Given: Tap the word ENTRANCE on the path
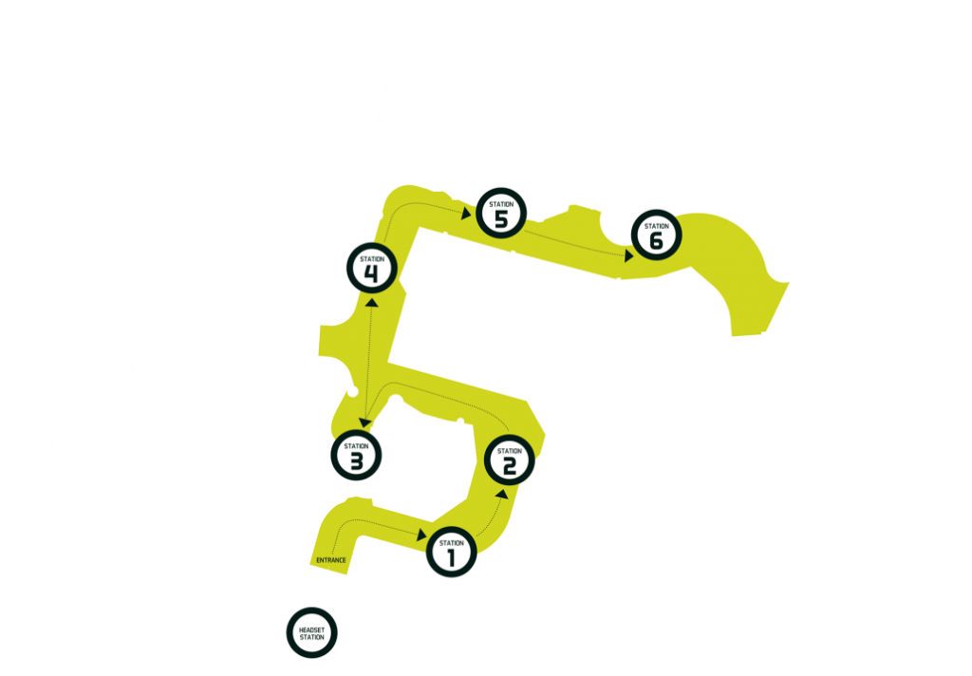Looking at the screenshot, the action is pyautogui.click(x=331, y=560).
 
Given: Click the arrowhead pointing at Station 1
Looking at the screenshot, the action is pyautogui.click(x=422, y=535).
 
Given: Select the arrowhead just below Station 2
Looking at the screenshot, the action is pyautogui.click(x=502, y=495).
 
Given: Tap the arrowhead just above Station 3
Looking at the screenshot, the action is pyautogui.click(x=364, y=422).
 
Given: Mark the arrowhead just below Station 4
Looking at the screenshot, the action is pyautogui.click(x=372, y=302).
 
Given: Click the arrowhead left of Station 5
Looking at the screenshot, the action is pyautogui.click(x=466, y=214).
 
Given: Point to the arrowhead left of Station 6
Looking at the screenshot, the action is pyautogui.click(x=629, y=255).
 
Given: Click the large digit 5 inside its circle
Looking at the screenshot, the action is pyautogui.click(x=501, y=219).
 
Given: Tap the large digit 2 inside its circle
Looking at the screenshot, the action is pyautogui.click(x=510, y=466).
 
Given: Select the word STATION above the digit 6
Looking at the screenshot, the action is pyautogui.click(x=657, y=226).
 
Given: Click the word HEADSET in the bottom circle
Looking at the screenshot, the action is pyautogui.click(x=311, y=629).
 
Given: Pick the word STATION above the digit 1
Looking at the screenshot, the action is pyautogui.click(x=451, y=543).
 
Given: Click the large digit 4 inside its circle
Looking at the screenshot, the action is pyautogui.click(x=371, y=273).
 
